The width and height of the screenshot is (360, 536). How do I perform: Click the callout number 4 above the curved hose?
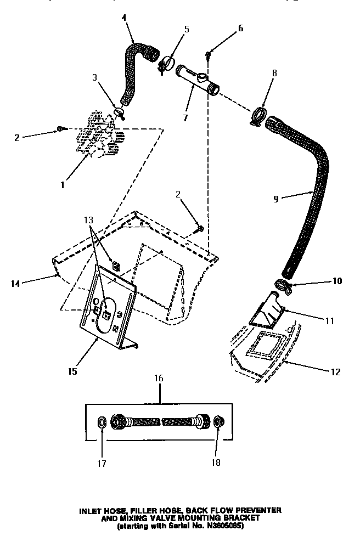124,18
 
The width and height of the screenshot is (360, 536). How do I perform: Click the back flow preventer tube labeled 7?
198,80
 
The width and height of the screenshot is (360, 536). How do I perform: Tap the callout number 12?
335,372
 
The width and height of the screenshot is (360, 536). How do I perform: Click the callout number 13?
89,221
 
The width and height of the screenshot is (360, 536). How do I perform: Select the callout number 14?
15,283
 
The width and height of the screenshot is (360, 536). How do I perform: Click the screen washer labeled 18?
217,423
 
